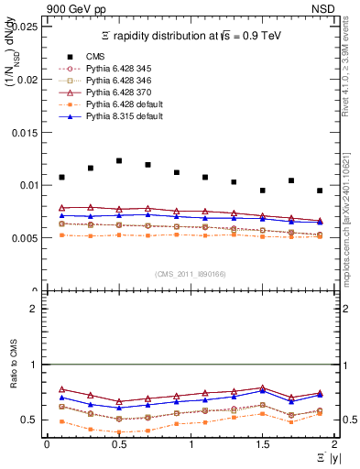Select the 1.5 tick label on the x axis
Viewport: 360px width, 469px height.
coord(262,444)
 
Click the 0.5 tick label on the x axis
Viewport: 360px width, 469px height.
coord(118,444)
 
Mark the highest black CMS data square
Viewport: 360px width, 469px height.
coord(119,160)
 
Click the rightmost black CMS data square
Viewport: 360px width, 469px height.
coord(320,191)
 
